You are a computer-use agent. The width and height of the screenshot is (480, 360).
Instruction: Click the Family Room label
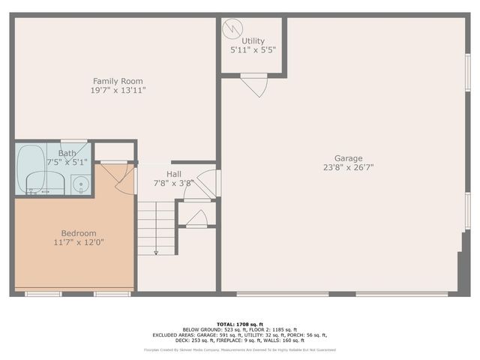(118, 81)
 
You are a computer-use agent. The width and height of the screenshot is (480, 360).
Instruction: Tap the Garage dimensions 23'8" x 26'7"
(348, 168)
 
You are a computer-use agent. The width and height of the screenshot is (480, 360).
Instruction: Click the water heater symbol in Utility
(233, 28)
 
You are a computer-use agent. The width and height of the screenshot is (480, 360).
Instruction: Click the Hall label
(174, 173)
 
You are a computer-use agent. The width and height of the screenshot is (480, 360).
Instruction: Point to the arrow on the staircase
(156, 252)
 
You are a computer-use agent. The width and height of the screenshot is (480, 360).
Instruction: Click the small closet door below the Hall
(196, 218)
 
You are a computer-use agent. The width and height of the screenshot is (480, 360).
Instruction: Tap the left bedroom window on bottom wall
(43, 294)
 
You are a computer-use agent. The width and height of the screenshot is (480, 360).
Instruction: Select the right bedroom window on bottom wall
(112, 294)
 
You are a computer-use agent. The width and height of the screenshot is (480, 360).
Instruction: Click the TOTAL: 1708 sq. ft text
(240, 323)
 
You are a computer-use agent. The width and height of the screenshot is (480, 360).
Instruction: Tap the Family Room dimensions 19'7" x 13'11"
(118, 90)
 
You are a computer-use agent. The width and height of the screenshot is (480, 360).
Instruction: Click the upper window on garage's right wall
(467, 75)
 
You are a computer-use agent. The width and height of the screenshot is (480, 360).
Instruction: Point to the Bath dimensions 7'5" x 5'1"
(67, 161)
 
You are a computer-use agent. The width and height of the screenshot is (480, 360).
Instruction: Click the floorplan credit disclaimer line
(240, 349)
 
